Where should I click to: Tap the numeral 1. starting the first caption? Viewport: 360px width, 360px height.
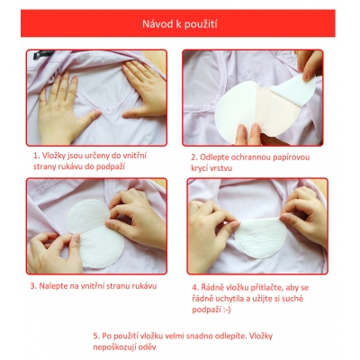[37, 156]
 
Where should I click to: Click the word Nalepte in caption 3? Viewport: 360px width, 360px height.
[54, 285]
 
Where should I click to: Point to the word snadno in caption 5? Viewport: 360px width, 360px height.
[201, 336]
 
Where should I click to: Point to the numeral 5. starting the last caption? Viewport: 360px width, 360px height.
[96, 336]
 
